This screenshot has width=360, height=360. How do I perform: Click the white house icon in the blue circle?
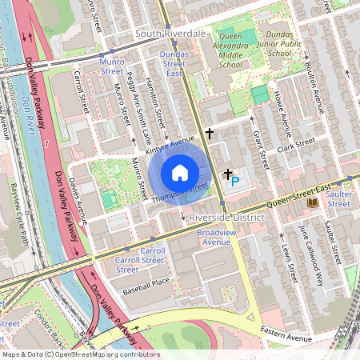(180, 173)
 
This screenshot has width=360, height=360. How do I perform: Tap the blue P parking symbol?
(235, 182)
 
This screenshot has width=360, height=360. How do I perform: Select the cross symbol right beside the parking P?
(227, 173)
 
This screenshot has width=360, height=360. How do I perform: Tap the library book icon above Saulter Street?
(312, 203)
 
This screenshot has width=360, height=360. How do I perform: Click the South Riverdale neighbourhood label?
(170, 34)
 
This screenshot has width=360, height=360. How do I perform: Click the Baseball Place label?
(142, 282)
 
